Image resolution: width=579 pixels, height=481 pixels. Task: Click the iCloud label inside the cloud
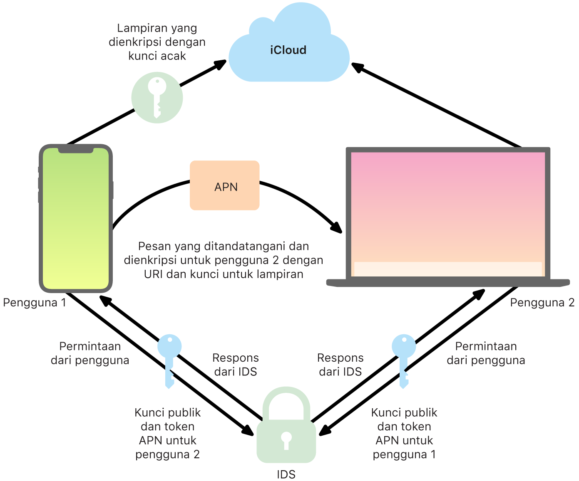click(x=288, y=50)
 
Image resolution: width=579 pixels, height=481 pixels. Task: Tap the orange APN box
click(x=225, y=185)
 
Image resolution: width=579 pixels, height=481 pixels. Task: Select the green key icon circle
click(x=157, y=98)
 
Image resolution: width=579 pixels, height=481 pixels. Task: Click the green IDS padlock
click(x=286, y=432)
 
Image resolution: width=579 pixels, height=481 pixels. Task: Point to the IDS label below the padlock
click(x=286, y=474)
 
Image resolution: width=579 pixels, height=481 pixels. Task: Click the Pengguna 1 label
click(x=35, y=303)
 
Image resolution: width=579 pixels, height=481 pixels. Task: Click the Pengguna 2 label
click(x=542, y=303)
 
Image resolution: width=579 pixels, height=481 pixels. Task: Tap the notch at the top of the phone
click(x=76, y=149)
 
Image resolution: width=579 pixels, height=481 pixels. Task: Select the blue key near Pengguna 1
click(x=169, y=358)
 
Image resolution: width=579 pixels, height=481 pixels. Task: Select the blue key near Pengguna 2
click(x=404, y=358)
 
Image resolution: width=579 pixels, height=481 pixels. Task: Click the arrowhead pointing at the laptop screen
click(x=336, y=228)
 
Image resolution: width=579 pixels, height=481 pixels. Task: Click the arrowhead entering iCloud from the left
click(x=220, y=64)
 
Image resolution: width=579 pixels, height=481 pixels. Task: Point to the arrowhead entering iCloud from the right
click(x=358, y=67)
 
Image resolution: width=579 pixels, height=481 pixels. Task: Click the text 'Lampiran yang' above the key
click(x=157, y=28)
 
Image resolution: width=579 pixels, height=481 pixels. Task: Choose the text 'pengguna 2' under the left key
click(x=167, y=454)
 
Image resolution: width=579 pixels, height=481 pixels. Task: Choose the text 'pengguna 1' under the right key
click(x=404, y=454)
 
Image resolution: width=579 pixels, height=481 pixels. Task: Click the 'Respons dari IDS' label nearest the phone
click(x=236, y=365)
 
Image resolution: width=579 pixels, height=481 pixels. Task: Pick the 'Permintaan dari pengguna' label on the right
click(x=486, y=353)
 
